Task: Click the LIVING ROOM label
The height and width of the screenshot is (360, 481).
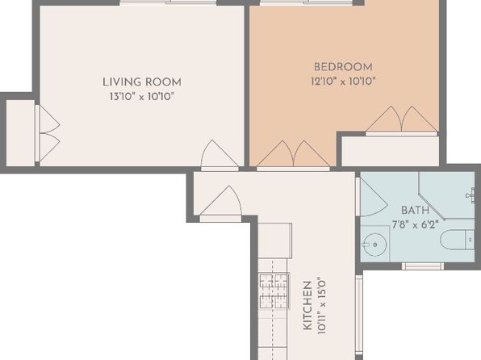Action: (x=142, y=82)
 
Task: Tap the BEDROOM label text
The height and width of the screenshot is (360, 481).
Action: (x=343, y=67)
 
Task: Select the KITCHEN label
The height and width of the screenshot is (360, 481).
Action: (x=307, y=306)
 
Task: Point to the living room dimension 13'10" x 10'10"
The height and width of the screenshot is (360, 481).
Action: (x=142, y=97)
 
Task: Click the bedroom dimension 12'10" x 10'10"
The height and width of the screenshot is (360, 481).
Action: (x=343, y=82)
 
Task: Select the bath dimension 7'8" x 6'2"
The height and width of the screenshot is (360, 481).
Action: (x=415, y=225)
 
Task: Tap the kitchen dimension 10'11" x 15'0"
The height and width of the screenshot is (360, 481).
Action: (x=321, y=306)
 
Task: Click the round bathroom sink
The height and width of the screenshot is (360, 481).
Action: (x=374, y=245)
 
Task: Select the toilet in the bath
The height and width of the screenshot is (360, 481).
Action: (x=458, y=240)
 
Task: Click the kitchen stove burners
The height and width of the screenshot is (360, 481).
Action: (x=274, y=291)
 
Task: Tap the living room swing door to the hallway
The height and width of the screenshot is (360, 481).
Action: (x=220, y=155)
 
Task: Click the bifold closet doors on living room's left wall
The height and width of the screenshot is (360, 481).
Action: (x=48, y=133)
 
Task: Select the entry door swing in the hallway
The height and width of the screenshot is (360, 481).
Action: (x=221, y=203)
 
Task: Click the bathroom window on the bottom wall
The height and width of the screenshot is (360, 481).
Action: (x=423, y=266)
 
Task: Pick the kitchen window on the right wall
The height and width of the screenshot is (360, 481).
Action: (x=359, y=314)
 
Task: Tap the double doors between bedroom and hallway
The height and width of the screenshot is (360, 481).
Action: (x=294, y=156)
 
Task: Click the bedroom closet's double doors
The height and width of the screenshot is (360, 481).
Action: (x=401, y=121)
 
